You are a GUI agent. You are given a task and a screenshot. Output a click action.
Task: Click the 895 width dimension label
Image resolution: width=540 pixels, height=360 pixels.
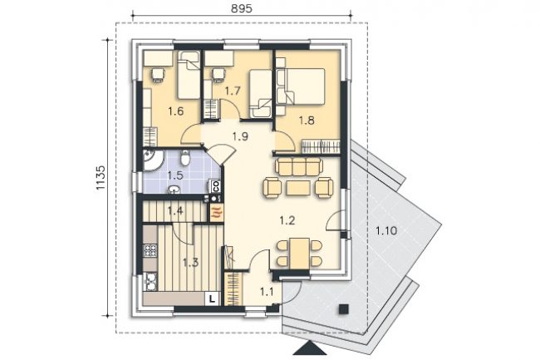pos(241,8)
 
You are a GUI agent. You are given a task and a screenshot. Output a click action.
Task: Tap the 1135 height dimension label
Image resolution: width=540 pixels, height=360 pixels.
pos(101,178)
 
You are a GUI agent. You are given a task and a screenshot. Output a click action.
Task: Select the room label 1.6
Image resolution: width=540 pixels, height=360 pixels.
pos(175,111)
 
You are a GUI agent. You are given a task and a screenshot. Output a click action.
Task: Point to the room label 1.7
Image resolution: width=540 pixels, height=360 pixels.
pos(232,91)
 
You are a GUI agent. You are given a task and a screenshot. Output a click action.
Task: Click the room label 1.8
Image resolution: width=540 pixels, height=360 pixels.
pos(307,121)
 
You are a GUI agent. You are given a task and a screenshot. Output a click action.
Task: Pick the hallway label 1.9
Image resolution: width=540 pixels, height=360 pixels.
pos(240,136)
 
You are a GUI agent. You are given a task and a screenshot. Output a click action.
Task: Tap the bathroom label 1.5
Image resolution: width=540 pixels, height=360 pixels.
pos(175,175)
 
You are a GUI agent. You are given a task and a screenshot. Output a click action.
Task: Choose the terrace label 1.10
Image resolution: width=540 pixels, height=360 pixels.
pos(386,230)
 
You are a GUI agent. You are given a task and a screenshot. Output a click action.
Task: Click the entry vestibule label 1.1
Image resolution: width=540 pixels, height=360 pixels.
pos(267,293)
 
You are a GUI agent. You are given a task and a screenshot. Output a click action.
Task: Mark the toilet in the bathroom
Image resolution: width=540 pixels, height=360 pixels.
pos(185,157)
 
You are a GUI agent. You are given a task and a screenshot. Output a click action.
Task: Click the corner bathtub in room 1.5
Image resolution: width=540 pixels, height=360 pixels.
pos(152,159)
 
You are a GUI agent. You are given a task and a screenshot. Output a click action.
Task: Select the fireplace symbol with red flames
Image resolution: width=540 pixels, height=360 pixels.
pos(217,213)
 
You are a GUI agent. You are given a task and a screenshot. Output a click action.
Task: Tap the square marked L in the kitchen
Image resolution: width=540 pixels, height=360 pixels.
pos(212,298)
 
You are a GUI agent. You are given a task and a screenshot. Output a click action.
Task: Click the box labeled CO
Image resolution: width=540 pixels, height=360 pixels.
pos(216,186)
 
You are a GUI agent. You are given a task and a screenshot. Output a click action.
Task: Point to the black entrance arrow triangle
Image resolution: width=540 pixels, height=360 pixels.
pos(310,348)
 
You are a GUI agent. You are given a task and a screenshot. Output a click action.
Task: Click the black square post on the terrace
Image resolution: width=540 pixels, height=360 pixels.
pos(343,308)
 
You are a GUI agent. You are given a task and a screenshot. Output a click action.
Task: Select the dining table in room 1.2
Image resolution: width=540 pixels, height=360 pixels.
pos(299,254)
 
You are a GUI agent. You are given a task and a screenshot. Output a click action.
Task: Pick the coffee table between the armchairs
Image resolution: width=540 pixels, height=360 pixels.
pos(298,188)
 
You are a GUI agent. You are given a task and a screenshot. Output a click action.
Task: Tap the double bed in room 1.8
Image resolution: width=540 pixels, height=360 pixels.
pos(301,86)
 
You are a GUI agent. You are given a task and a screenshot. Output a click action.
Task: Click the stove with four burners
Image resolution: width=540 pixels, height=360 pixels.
pos(150,251)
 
